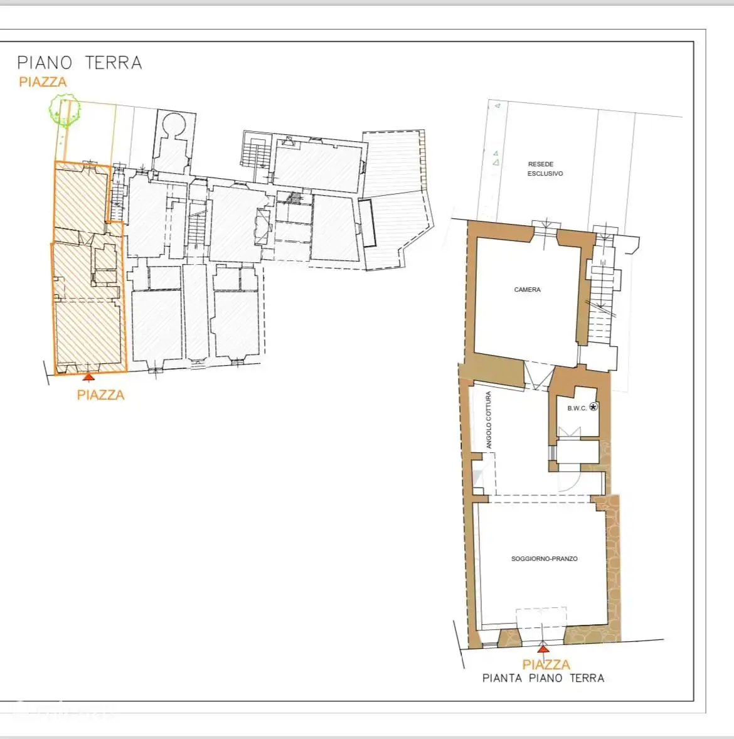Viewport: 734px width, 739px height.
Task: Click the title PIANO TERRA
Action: (x=80, y=62)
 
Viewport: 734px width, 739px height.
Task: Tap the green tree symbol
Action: (x=65, y=110)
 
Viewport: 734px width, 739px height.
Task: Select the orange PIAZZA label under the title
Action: (x=43, y=82)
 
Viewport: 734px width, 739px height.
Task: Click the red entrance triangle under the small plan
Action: (x=88, y=376)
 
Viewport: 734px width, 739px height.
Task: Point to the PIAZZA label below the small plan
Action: (x=101, y=395)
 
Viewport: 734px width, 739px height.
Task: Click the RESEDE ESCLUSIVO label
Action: (x=545, y=169)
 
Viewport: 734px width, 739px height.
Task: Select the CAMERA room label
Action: (x=527, y=289)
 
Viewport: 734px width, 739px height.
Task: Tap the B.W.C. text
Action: (x=577, y=408)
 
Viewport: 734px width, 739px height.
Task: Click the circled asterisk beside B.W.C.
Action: (x=593, y=407)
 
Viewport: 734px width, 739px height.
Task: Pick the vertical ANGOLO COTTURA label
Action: (x=488, y=420)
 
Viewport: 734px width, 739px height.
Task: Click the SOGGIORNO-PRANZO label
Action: (x=545, y=558)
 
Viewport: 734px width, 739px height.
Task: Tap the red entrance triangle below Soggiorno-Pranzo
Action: (x=543, y=649)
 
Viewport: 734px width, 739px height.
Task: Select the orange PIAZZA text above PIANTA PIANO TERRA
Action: (x=546, y=664)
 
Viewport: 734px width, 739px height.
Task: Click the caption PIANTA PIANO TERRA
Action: (x=543, y=678)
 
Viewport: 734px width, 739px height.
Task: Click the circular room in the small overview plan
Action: (x=174, y=124)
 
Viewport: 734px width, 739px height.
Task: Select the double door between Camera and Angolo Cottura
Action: (x=540, y=376)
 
